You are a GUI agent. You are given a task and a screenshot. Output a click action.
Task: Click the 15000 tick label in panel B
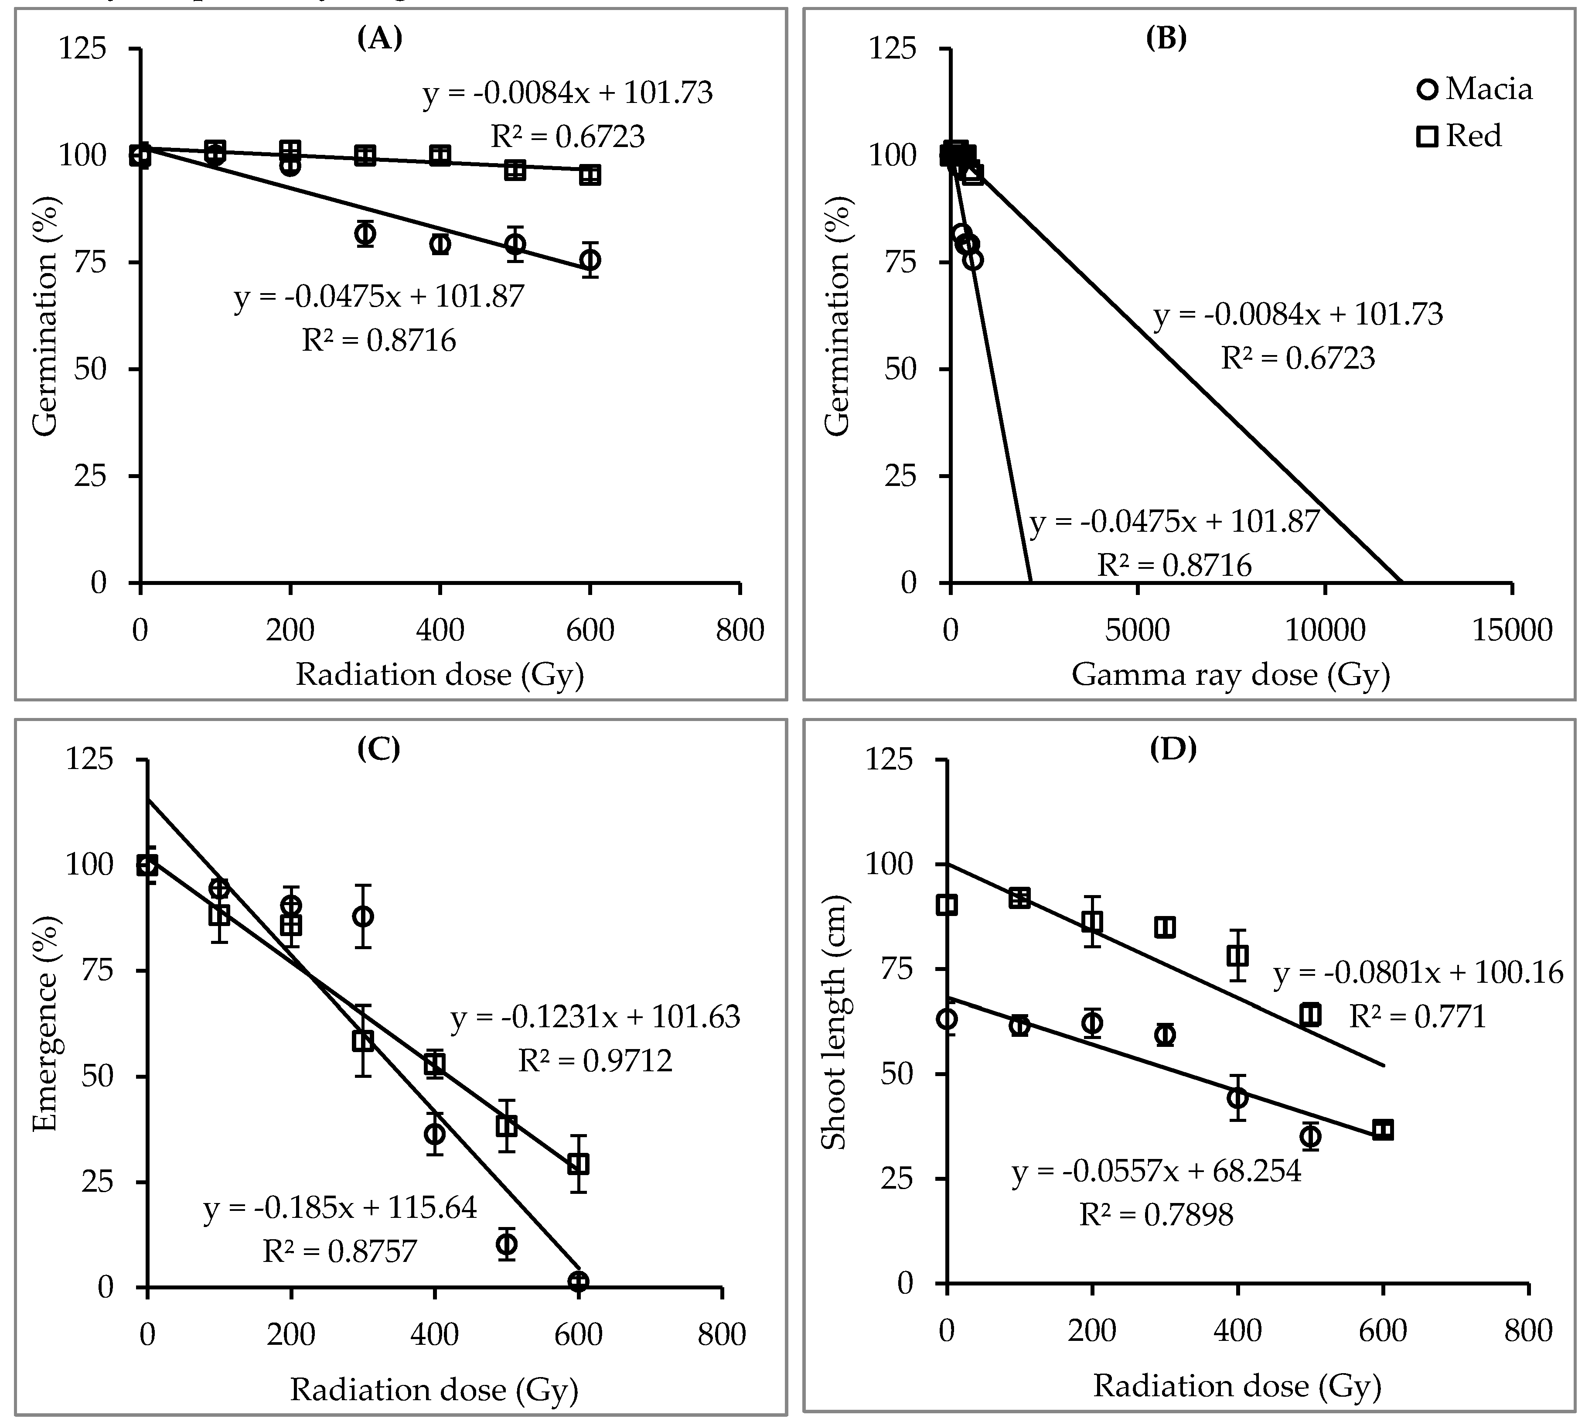tap(1512, 630)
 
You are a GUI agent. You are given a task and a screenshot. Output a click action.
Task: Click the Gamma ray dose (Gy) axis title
tap(1231, 673)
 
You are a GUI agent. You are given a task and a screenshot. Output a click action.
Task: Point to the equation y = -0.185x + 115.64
tap(341, 1209)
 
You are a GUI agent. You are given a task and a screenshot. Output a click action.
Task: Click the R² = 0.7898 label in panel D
tap(1156, 1215)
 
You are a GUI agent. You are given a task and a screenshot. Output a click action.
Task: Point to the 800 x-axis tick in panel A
tap(740, 630)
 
